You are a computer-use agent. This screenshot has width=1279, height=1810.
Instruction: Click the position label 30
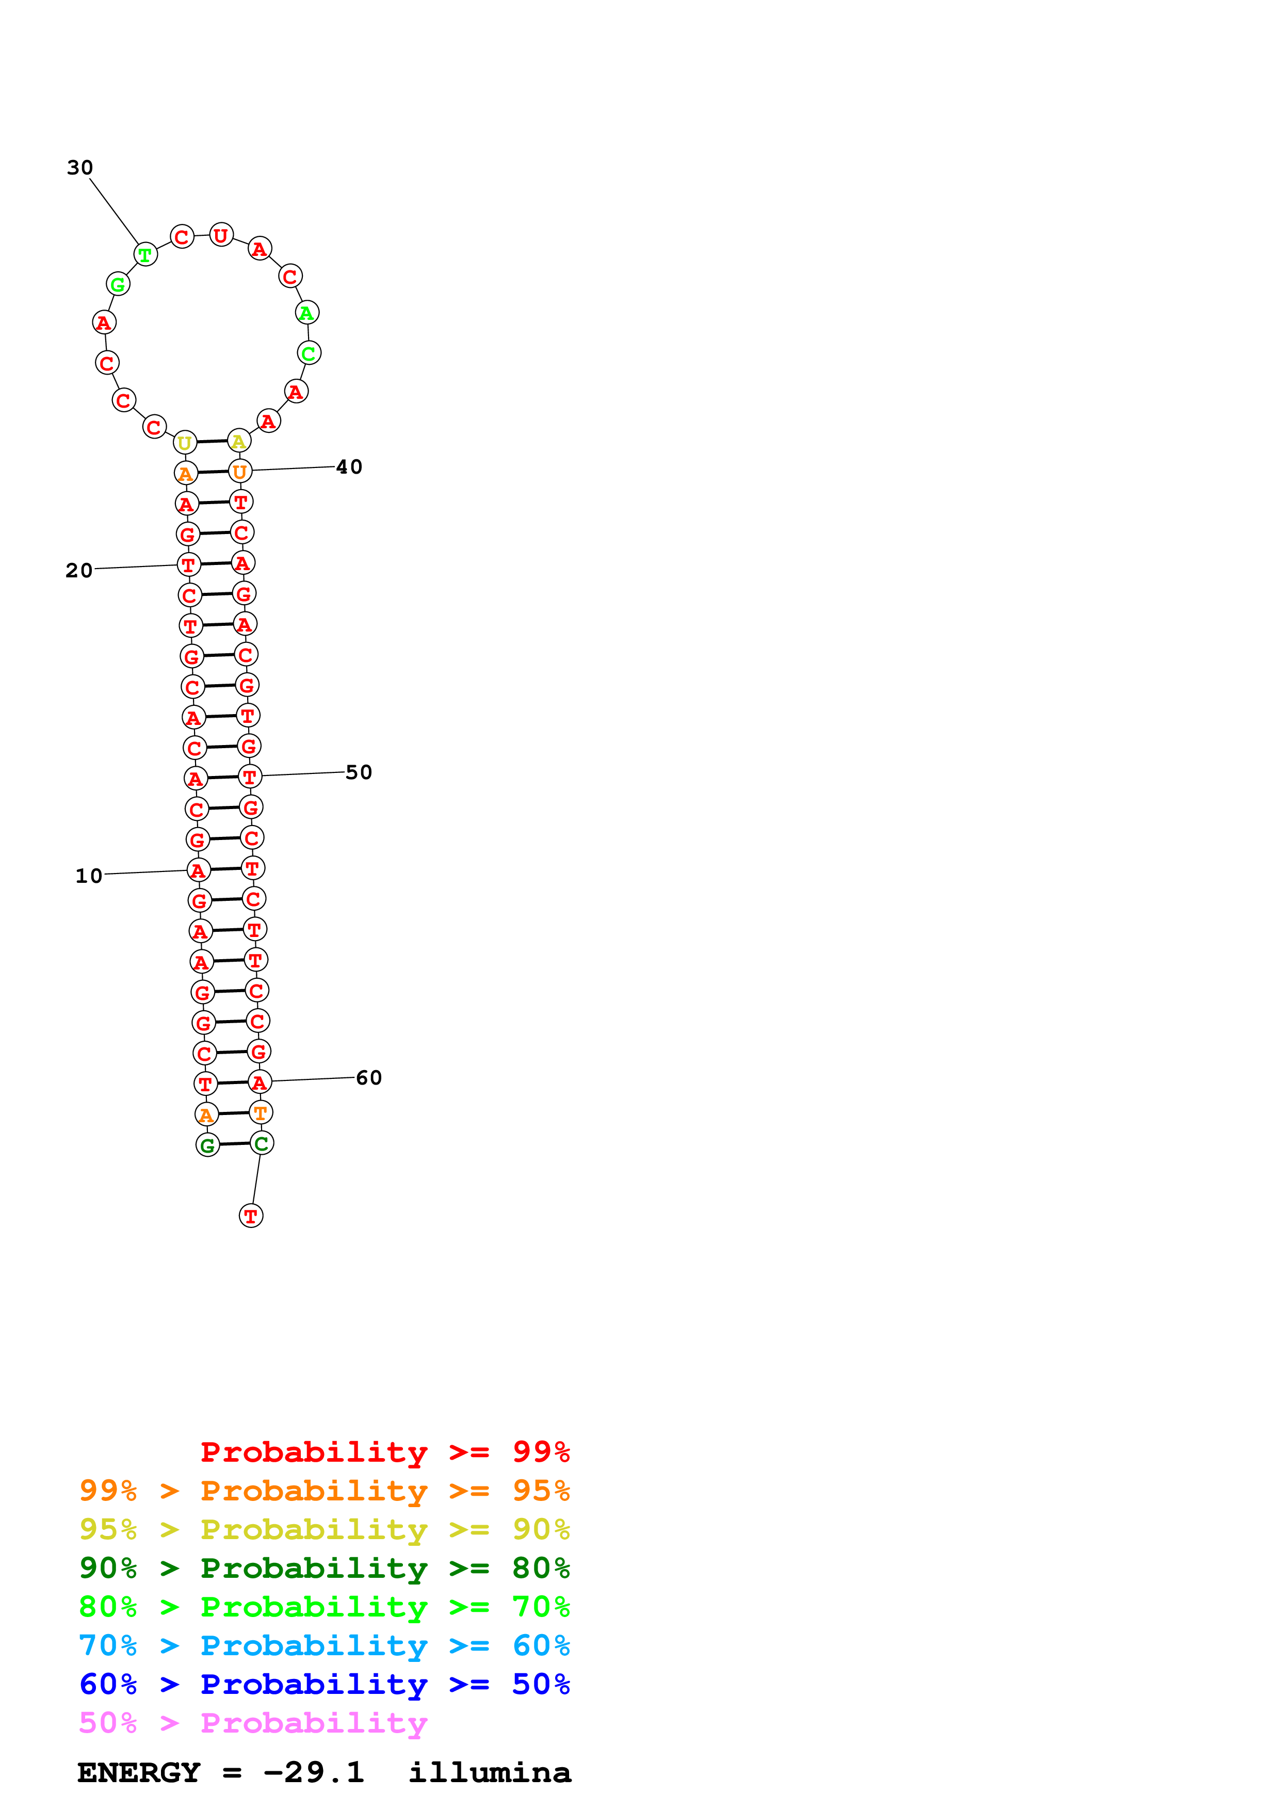79,168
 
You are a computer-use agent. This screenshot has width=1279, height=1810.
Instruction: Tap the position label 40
349,467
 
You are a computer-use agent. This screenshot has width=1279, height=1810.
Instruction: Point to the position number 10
89,876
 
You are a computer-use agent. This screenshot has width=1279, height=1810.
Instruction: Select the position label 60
369,1078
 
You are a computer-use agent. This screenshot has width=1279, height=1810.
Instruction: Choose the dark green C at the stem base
262,1142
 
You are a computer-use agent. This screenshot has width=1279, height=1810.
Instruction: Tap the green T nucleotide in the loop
145,255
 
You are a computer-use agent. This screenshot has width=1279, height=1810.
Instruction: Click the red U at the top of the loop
221,235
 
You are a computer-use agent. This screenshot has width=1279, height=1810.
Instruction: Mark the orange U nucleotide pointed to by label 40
239,472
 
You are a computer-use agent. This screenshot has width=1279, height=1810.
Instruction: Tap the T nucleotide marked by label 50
250,777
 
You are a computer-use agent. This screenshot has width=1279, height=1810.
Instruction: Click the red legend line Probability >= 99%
384,1451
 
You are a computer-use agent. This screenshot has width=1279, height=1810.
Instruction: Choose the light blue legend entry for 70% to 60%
324,1645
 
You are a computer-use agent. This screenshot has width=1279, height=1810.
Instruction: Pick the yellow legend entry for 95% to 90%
324,1529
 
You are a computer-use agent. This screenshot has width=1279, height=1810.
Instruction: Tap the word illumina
490,1772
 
